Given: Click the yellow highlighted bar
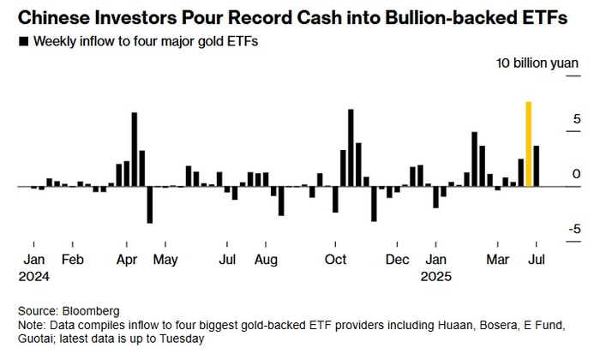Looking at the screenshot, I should [529, 144].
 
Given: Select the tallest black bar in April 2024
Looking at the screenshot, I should [135, 149].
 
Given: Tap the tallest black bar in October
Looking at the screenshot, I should [351, 147].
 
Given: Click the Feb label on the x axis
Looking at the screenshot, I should [73, 259].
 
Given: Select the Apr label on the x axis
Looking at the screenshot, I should [126, 259].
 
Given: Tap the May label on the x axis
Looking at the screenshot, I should [165, 259].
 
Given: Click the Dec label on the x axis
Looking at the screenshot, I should [397, 259].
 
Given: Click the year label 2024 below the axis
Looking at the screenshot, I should [35, 277].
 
